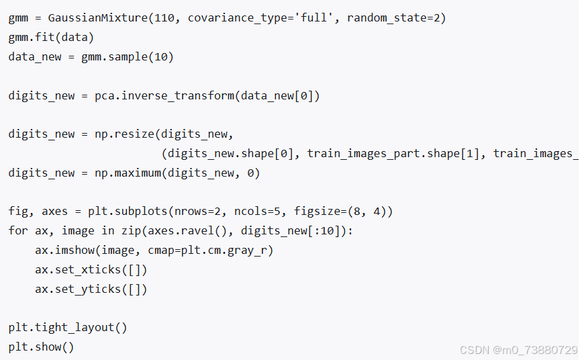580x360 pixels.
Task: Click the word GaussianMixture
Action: [x=98, y=17]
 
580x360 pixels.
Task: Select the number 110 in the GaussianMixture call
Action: [x=164, y=17]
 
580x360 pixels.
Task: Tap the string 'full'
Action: [x=314, y=17]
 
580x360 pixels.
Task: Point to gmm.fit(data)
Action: [x=51, y=37]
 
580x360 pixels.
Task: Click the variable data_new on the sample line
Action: [x=35, y=57]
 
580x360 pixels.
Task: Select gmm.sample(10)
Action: [x=128, y=57]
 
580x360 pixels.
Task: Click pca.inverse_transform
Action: [x=164, y=96]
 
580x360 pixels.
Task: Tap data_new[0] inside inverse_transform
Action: [x=277, y=96]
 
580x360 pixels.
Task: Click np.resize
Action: [x=124, y=134]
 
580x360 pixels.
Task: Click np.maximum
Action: [x=128, y=173]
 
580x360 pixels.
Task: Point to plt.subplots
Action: [x=128, y=212]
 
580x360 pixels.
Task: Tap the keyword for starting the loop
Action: [x=18, y=230]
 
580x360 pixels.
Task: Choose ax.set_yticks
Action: [x=78, y=289]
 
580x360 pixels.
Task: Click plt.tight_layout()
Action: [x=68, y=328]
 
